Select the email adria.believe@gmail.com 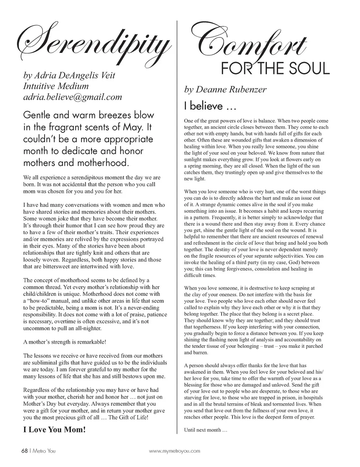point(72,97)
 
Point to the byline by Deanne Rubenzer point(225,90)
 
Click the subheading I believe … point(210,106)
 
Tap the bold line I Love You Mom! point(54,430)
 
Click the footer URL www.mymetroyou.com point(174,451)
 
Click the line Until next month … point(205,430)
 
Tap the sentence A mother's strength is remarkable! point(64,342)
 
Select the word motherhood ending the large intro point(102,163)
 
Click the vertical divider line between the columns point(177,225)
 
